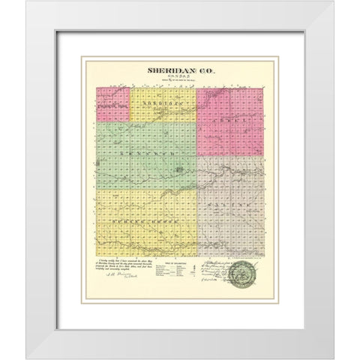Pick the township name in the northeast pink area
click(x=230, y=119)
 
